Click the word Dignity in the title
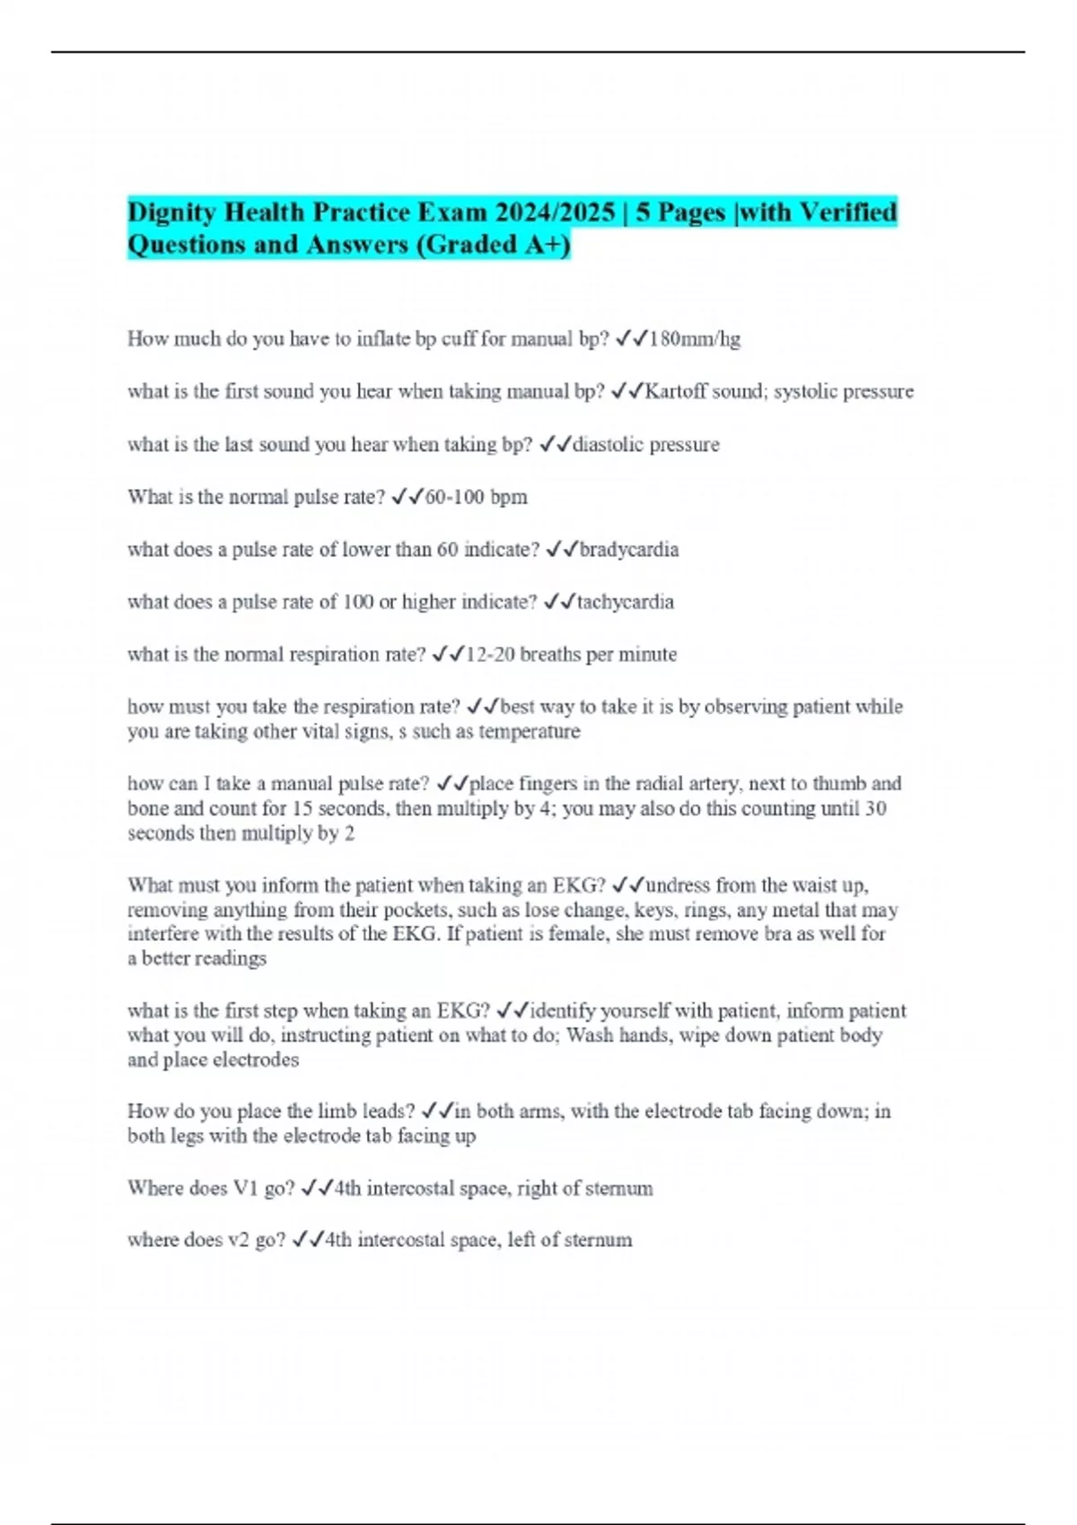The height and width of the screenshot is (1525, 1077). point(171,213)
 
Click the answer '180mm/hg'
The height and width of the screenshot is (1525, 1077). point(695,339)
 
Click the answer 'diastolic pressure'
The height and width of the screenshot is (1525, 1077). point(646,445)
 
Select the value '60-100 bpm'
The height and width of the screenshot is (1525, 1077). point(477,497)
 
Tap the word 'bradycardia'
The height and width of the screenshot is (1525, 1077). point(629,550)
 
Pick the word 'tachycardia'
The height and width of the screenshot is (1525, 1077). point(626,602)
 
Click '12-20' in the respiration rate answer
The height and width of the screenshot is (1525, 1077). point(490,655)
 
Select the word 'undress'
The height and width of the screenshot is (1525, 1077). point(678,885)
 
